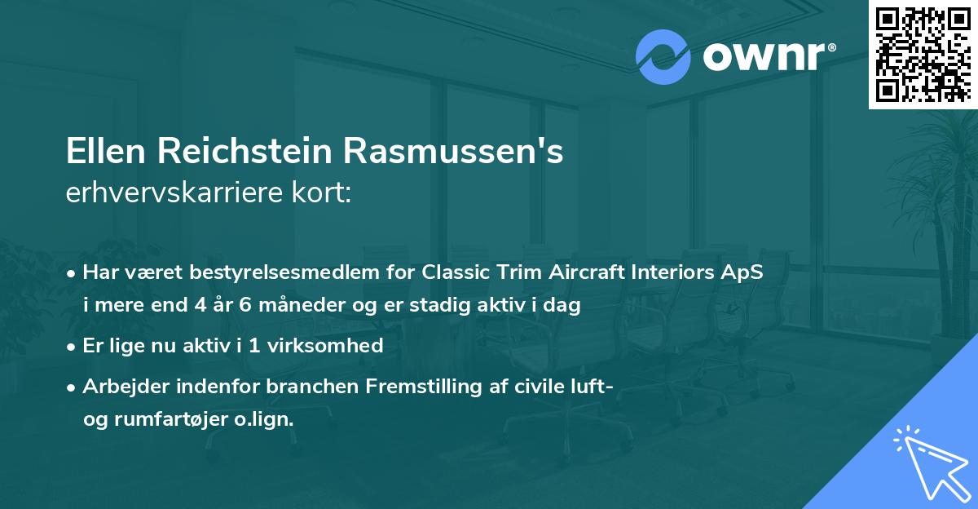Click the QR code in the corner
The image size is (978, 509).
click(923, 55)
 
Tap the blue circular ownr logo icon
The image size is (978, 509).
click(663, 57)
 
